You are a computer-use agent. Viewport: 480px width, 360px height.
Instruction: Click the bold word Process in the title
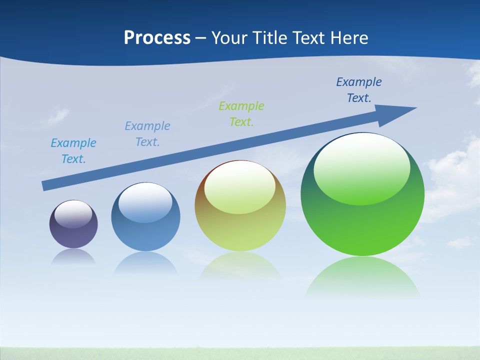pyautogui.click(x=157, y=38)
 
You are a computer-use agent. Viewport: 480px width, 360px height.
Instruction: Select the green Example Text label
pyautogui.click(x=241, y=114)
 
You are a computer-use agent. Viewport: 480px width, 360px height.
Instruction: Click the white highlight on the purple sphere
pyautogui.click(x=73, y=214)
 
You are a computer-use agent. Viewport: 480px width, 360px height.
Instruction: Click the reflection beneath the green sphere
pyautogui.click(x=362, y=277)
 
